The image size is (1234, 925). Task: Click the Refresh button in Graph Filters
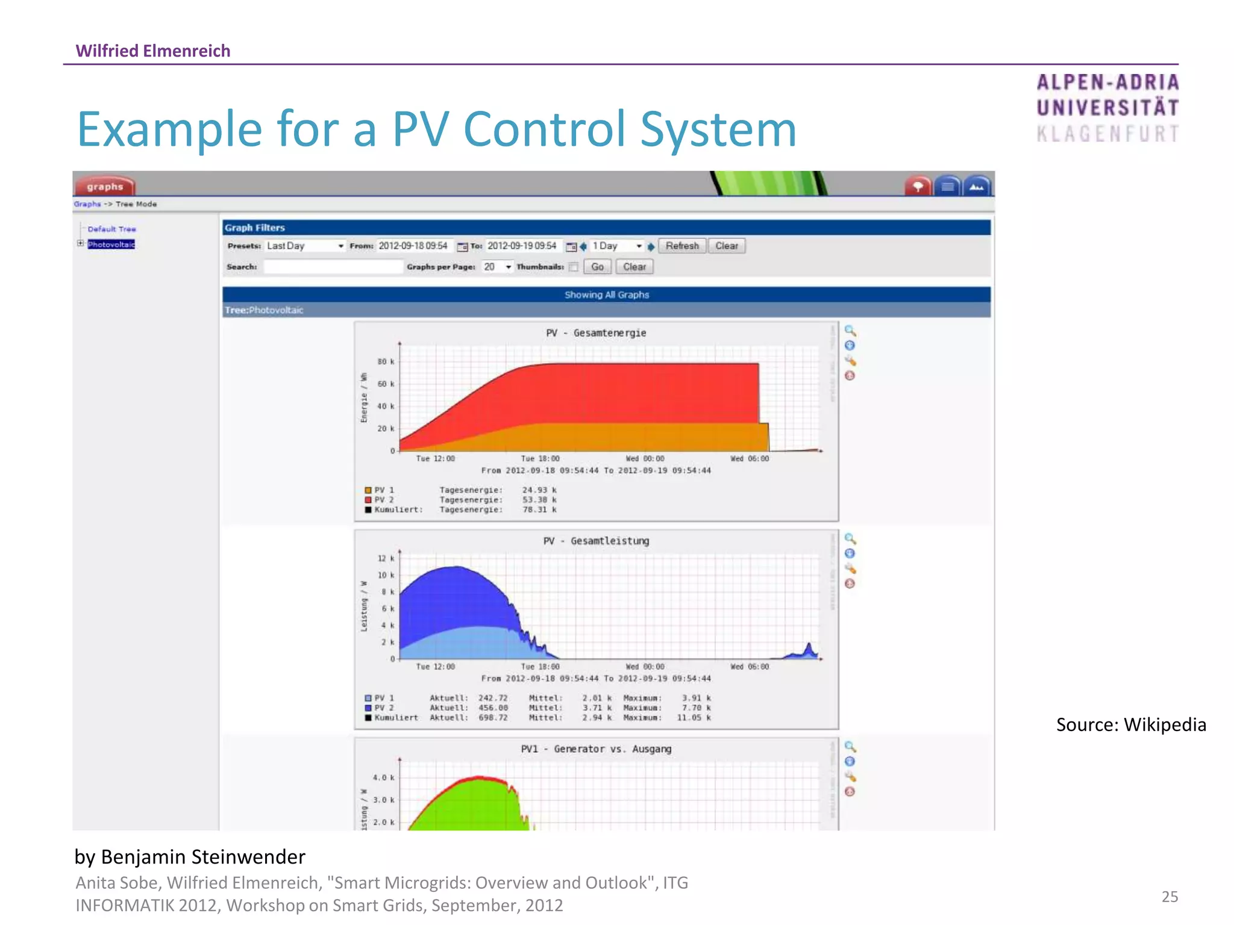(681, 246)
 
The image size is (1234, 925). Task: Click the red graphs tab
(104, 186)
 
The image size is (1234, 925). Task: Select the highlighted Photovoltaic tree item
(111, 244)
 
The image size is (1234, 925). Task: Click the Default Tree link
(111, 229)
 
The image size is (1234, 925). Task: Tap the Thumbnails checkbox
(574, 267)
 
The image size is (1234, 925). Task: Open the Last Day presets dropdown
(305, 246)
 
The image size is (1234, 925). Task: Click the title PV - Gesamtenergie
(595, 333)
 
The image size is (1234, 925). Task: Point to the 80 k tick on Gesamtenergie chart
(385, 361)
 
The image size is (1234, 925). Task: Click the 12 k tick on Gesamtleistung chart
(385, 558)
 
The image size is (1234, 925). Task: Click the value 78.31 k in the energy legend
(539, 509)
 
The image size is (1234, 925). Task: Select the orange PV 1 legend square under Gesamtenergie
(368, 490)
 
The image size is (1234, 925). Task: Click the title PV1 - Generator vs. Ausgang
(595, 749)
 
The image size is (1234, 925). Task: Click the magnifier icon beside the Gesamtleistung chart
(850, 538)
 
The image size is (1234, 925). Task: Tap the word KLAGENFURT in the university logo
(1107, 134)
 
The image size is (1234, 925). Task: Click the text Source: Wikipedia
(1130, 724)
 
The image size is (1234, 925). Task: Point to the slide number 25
(1169, 897)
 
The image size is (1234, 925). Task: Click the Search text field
(333, 267)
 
